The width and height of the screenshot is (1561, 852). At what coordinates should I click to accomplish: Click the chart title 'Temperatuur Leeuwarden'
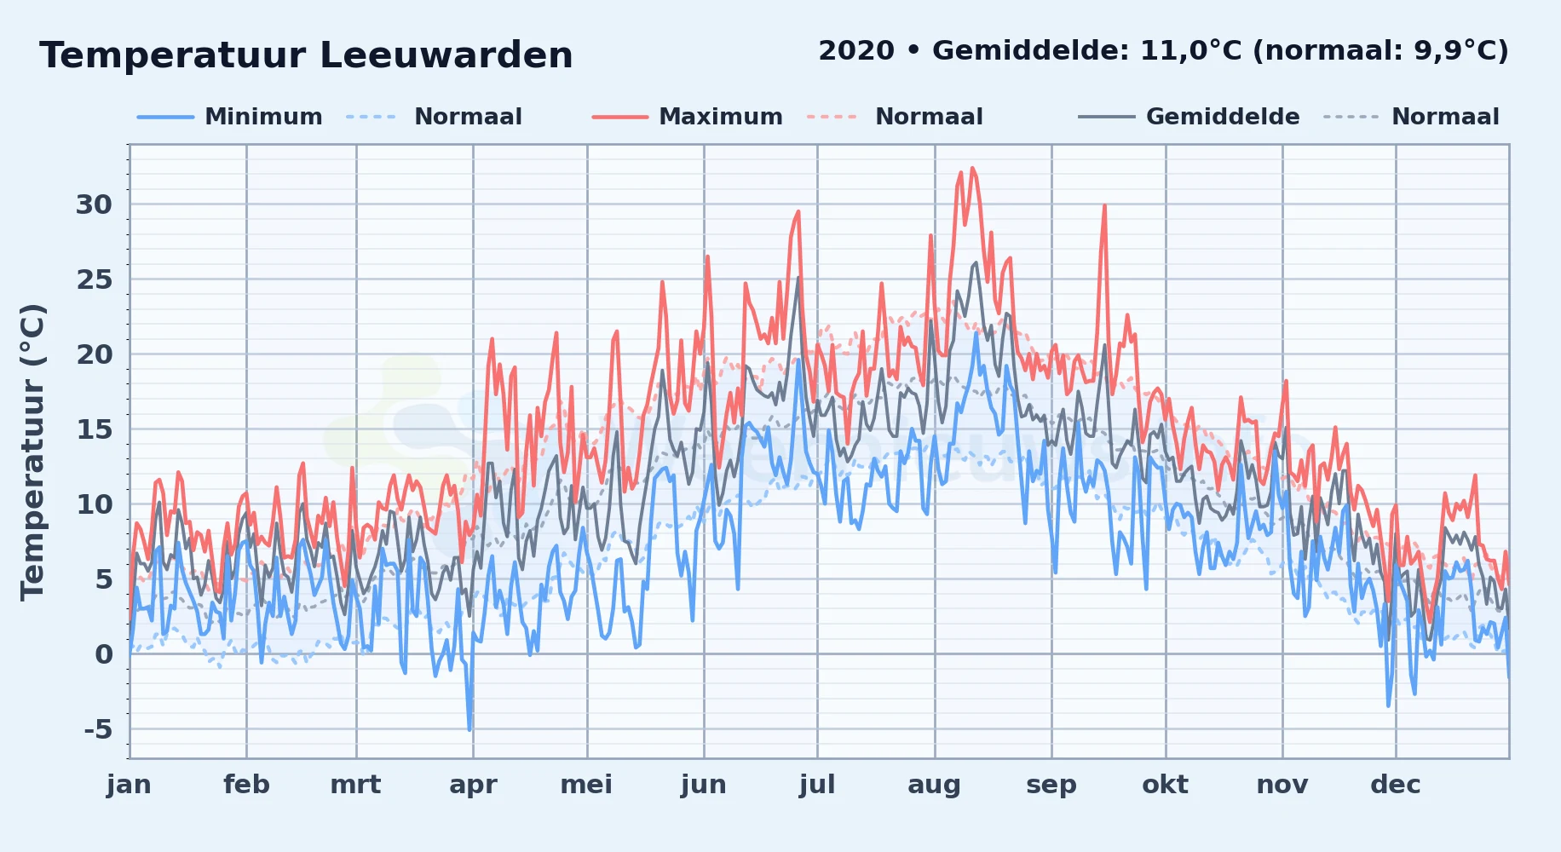[x=306, y=55]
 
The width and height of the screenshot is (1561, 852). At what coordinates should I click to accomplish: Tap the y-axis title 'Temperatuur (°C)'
[x=32, y=452]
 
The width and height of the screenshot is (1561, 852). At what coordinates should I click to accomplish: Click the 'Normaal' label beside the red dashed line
[x=929, y=117]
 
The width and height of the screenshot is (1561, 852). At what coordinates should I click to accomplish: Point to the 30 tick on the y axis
[x=94, y=204]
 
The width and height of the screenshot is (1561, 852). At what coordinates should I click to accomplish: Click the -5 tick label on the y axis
[x=98, y=729]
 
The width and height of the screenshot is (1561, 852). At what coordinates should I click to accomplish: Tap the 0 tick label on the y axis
[x=104, y=654]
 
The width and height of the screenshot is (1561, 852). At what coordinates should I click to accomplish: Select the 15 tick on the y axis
[x=94, y=429]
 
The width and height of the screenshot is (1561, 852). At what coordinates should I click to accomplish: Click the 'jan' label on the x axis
[x=129, y=785]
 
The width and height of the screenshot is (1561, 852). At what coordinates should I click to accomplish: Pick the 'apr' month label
[x=473, y=786]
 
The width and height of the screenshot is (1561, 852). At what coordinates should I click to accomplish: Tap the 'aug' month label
[x=934, y=786]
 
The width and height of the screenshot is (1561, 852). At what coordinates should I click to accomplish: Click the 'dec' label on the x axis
[x=1396, y=785]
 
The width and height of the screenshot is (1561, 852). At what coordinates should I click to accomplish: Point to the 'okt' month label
[x=1165, y=785]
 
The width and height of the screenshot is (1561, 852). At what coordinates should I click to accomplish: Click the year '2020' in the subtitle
[x=856, y=51]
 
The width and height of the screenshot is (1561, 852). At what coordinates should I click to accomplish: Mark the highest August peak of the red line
[x=971, y=168]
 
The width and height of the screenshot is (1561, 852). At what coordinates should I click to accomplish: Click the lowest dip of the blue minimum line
[x=469, y=730]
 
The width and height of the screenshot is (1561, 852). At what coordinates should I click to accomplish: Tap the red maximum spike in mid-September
[x=1104, y=205]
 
